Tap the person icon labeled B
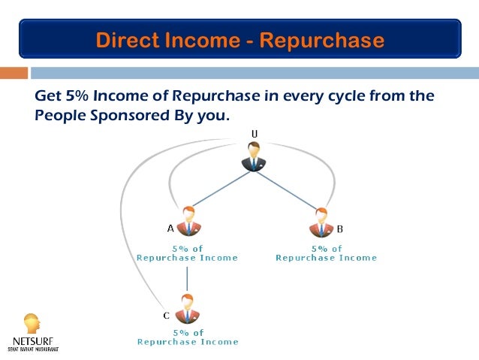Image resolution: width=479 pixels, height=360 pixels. pyautogui.click(x=320, y=222)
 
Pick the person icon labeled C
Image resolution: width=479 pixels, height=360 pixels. pyautogui.click(x=187, y=308)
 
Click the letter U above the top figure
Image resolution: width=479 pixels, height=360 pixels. pyautogui.click(x=255, y=134)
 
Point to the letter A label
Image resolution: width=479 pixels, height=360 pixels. pyautogui.click(x=170, y=228)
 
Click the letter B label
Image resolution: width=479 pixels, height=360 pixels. pyautogui.click(x=339, y=228)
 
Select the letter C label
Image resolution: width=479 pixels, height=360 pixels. pyautogui.click(x=167, y=316)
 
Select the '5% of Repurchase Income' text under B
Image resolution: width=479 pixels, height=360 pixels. pyautogui.click(x=327, y=253)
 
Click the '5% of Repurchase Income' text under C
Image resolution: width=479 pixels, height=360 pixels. pyautogui.click(x=188, y=337)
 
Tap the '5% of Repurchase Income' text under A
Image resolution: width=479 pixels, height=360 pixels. pyautogui.click(x=187, y=253)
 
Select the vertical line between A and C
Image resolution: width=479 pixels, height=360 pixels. pyautogui.click(x=187, y=277)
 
